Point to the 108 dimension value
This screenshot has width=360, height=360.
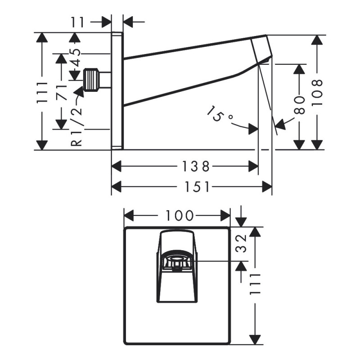(x=318, y=92)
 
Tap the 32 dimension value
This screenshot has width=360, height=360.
(x=243, y=243)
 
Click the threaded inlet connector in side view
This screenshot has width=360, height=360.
(x=93, y=80)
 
